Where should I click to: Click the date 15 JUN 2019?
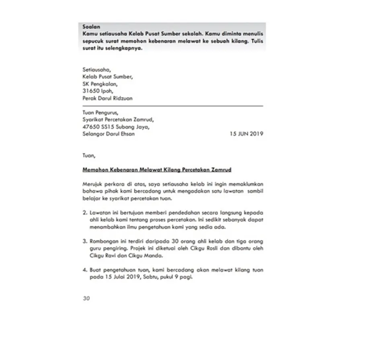coord(246,134)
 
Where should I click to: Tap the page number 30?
coord(86,299)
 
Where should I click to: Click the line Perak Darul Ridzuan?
coord(107,98)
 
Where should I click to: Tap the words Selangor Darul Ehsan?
coord(109,134)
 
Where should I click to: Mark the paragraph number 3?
coord(84,241)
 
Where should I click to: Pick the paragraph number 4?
coord(84,270)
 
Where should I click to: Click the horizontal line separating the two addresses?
coord(173,106)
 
